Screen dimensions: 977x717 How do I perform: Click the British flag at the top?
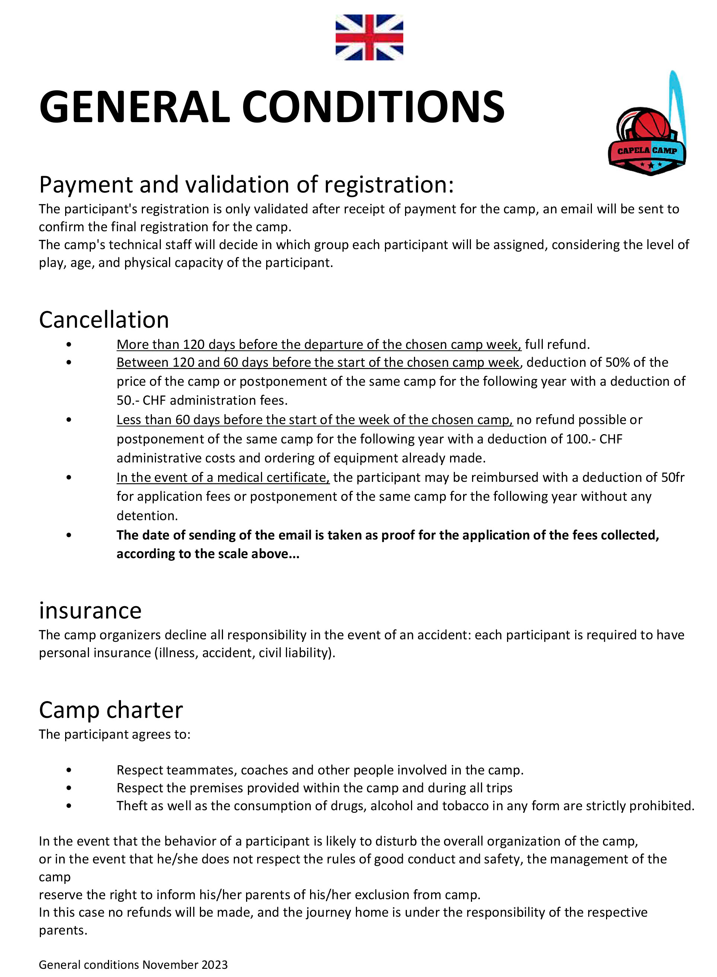click(x=369, y=37)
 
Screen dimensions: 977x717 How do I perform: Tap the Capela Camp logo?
click(x=647, y=130)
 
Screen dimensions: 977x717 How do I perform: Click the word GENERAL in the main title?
click(x=134, y=107)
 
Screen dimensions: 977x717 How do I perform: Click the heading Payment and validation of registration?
click(x=246, y=184)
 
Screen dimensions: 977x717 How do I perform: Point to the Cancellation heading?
click(x=104, y=320)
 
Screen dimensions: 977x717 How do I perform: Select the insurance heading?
click(x=90, y=611)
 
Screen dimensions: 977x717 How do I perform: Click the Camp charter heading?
click(x=111, y=710)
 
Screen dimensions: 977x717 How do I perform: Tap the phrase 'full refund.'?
click(x=557, y=345)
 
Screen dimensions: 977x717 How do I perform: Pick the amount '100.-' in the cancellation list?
click(x=581, y=439)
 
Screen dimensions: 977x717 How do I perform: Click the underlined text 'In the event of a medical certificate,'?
click(x=223, y=477)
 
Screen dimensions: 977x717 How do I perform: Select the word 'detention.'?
click(x=147, y=516)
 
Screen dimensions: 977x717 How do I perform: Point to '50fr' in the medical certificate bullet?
click(x=673, y=477)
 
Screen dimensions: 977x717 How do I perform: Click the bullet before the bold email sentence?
click(x=69, y=535)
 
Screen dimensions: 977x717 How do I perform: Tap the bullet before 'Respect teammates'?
click(x=69, y=770)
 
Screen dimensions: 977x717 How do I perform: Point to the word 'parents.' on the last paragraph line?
click(x=63, y=930)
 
